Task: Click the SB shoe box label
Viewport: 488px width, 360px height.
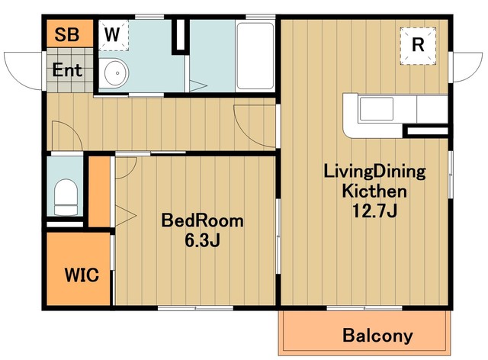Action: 66,34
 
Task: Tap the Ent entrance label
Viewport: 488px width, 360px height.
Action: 67,69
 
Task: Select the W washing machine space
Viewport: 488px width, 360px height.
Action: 114,35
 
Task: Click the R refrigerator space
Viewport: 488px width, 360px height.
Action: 418,46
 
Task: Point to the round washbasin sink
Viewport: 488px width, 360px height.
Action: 117,73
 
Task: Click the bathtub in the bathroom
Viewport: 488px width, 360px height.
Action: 255,56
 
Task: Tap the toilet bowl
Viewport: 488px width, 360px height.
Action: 66,197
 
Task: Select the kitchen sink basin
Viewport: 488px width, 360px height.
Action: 376,108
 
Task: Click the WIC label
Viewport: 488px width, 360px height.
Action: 82,275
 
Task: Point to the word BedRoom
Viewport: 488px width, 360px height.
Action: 202,220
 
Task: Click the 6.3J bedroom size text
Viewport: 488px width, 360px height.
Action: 202,240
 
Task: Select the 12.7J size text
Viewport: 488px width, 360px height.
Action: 374,211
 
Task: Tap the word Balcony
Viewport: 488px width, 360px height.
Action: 378,336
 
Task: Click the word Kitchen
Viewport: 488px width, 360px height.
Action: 374,191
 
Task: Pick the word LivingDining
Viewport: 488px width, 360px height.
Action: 374,172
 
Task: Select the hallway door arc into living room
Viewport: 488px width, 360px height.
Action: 246,130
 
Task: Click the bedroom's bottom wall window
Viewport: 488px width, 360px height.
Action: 195,308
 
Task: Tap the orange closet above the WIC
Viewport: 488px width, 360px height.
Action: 100,191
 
